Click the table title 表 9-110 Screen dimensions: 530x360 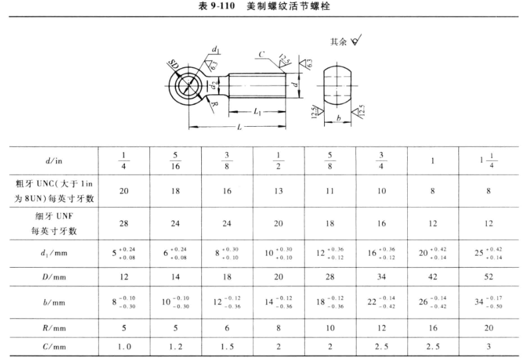pyautogui.click(x=217, y=6)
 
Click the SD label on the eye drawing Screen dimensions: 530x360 pyautogui.click(x=174, y=64)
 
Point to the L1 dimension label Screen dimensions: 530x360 pyautogui.click(x=257, y=112)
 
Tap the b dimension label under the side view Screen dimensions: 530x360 pyautogui.click(x=338, y=118)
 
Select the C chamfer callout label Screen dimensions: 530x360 pyautogui.click(x=262, y=54)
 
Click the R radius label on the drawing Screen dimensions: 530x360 pyautogui.click(x=215, y=105)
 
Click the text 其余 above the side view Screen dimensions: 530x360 pyautogui.click(x=338, y=42)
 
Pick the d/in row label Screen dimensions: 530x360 pyautogui.click(x=54, y=161)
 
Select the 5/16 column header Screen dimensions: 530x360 pyautogui.click(x=175, y=161)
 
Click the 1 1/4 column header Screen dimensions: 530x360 pyautogui.click(x=488, y=160)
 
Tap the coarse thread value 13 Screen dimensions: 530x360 pyautogui.click(x=278, y=191)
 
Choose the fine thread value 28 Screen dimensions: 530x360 pyautogui.click(x=124, y=223)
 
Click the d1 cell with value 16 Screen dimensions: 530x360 pyautogui.click(x=381, y=253)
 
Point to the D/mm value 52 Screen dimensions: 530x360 pyautogui.click(x=488, y=277)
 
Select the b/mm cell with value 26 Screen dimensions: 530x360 pyautogui.click(x=432, y=302)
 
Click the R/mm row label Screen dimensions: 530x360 pyautogui.click(x=54, y=328)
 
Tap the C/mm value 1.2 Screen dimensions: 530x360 pyautogui.click(x=175, y=347)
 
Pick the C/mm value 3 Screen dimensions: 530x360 pyautogui.click(x=488, y=347)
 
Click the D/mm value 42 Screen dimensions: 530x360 pyautogui.click(x=432, y=277)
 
